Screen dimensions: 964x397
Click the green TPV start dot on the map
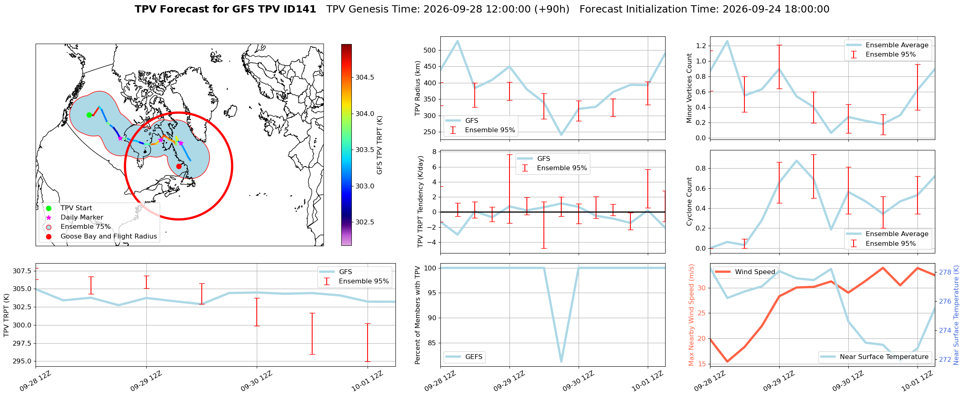89,115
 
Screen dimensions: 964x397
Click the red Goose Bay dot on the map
179,166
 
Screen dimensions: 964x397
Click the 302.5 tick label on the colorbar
365,222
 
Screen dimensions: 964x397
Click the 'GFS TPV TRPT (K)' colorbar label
379,145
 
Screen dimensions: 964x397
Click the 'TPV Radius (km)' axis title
418,88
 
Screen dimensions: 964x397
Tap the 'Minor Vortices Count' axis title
689,88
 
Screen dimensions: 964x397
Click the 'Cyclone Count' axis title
689,201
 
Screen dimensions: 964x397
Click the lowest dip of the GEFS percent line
561,361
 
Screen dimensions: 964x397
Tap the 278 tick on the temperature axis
945,272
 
